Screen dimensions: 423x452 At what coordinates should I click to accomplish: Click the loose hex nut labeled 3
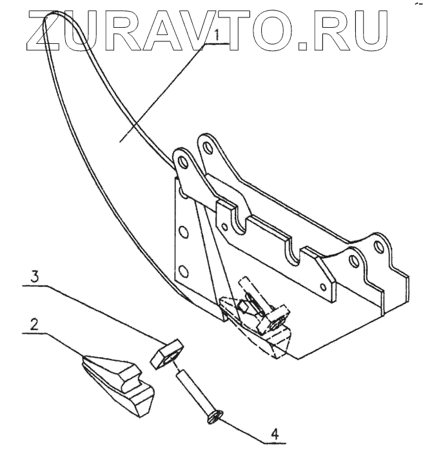coord(166,353)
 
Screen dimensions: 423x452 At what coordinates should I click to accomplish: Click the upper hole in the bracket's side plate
coord(182,230)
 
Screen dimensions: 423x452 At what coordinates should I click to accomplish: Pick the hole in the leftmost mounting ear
coord(181,159)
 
